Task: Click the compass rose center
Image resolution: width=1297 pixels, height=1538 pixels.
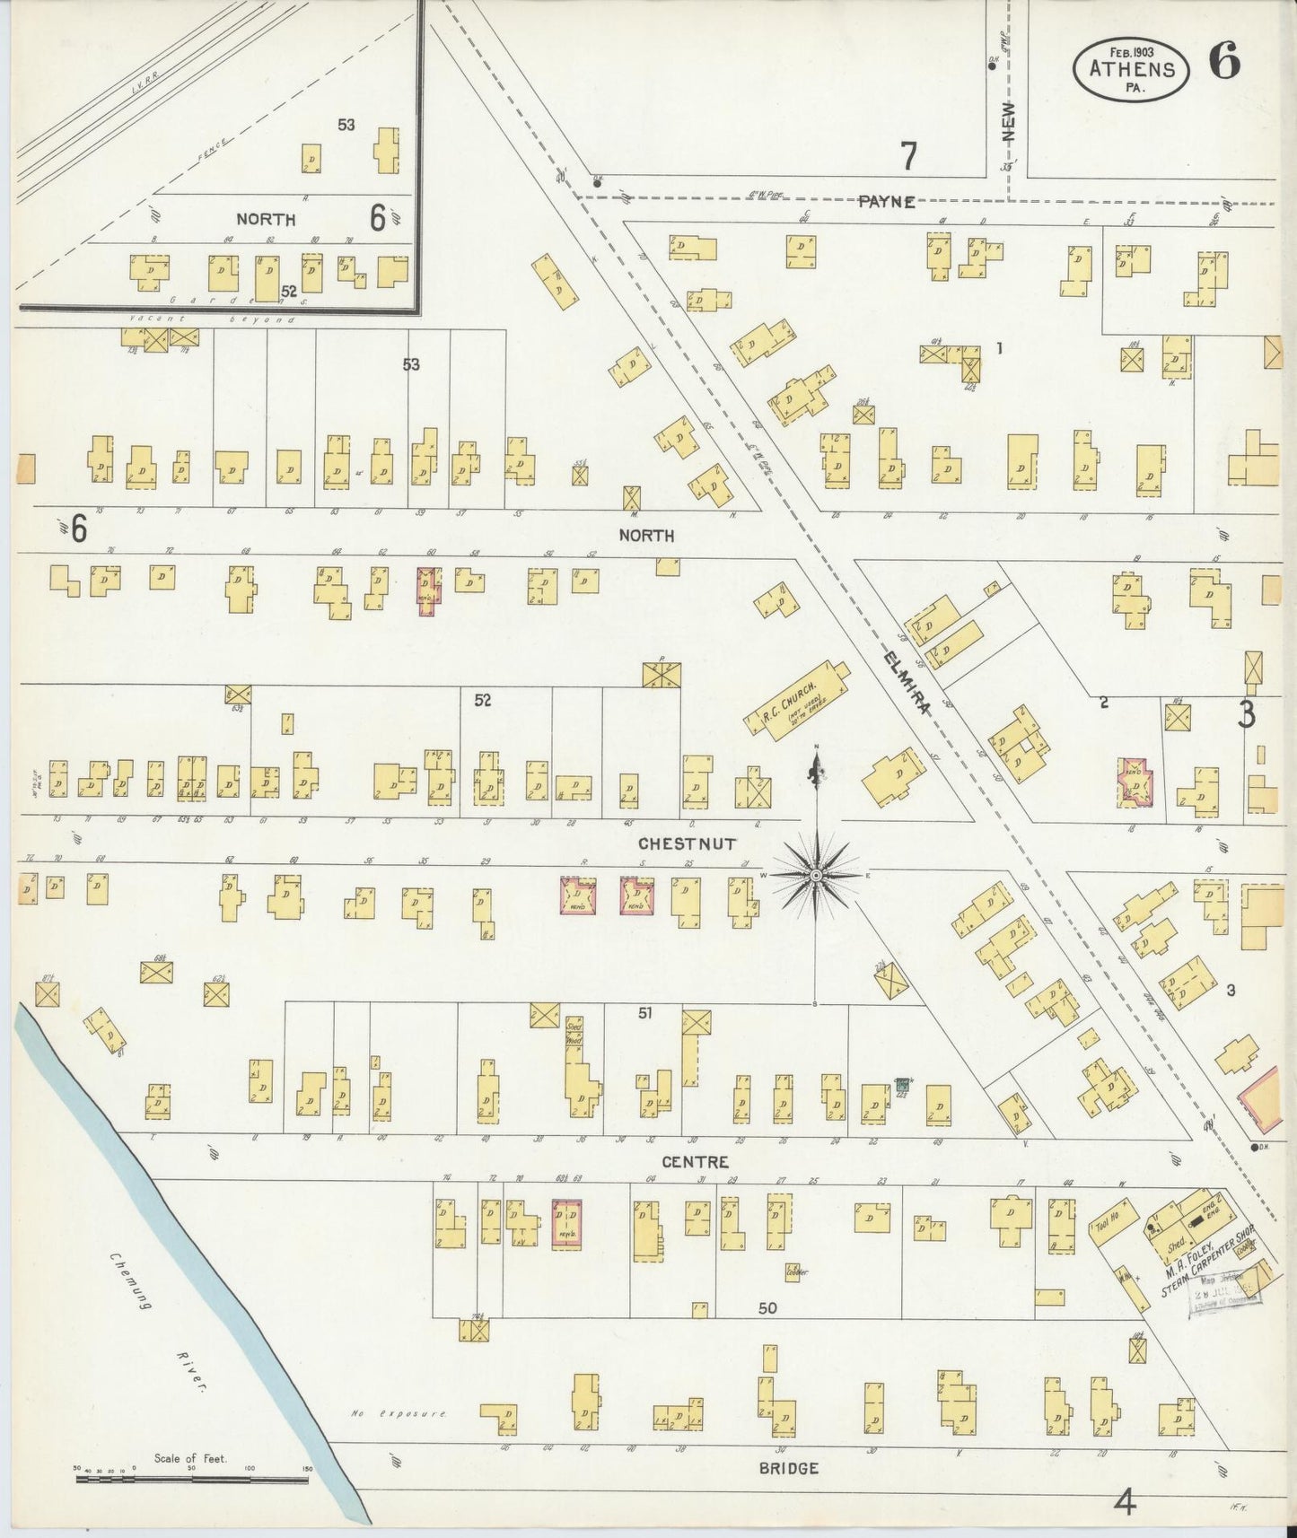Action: coord(816,874)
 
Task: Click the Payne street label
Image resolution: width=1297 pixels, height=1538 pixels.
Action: coord(886,202)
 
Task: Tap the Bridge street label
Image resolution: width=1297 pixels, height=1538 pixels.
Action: coord(788,1468)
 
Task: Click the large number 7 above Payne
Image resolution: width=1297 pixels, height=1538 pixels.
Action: coord(909,157)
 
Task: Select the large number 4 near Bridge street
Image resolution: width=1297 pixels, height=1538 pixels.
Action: coord(1124,1501)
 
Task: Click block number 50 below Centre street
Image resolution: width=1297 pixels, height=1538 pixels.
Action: coord(767,1308)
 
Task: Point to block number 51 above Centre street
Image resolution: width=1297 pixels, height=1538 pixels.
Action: coord(644,1013)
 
